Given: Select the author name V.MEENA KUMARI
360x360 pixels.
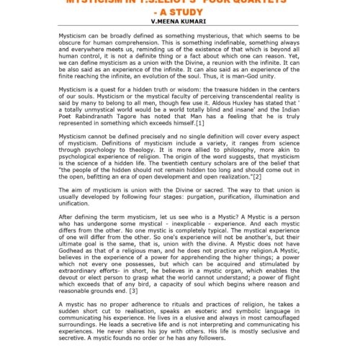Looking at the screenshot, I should [x=180, y=22].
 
